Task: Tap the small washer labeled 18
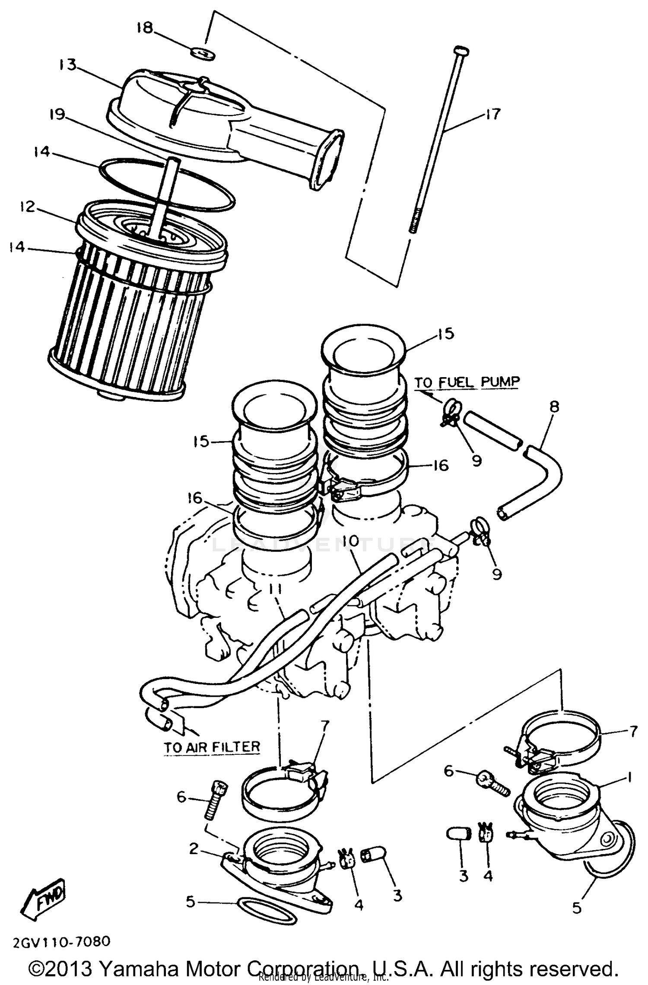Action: (203, 54)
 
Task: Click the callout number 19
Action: (57, 114)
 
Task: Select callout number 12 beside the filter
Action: (27, 207)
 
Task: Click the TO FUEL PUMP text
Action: (467, 382)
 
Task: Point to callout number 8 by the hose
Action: (554, 407)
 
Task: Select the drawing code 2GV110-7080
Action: (61, 941)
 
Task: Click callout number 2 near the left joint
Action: (193, 849)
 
